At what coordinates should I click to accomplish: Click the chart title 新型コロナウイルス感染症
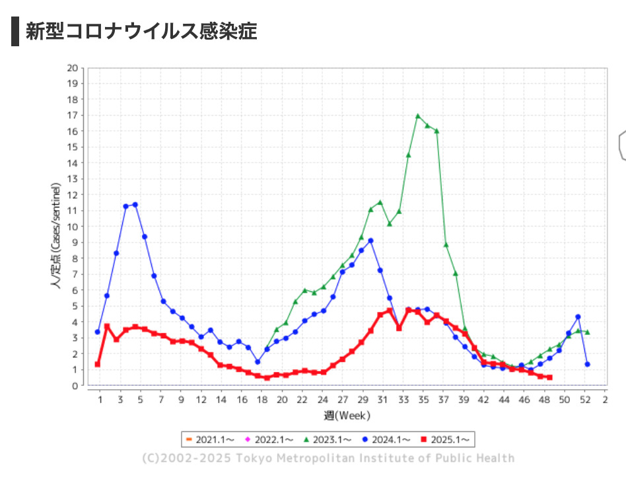pos(141,31)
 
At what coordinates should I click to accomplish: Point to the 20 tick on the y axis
pos(73,68)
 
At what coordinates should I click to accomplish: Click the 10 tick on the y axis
pos(73,227)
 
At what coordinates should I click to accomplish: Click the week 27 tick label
pos(342,400)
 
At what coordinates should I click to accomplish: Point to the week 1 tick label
pos(100,400)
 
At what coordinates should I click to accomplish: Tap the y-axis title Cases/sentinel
pos(57,238)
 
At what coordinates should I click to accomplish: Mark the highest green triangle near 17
pos(418,116)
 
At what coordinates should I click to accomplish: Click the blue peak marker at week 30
pos(371,241)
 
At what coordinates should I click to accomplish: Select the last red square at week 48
pos(549,378)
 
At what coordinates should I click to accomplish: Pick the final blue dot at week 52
pos(587,364)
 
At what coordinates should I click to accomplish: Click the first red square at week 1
pos(98,364)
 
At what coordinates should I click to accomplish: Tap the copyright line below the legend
pos(328,459)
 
